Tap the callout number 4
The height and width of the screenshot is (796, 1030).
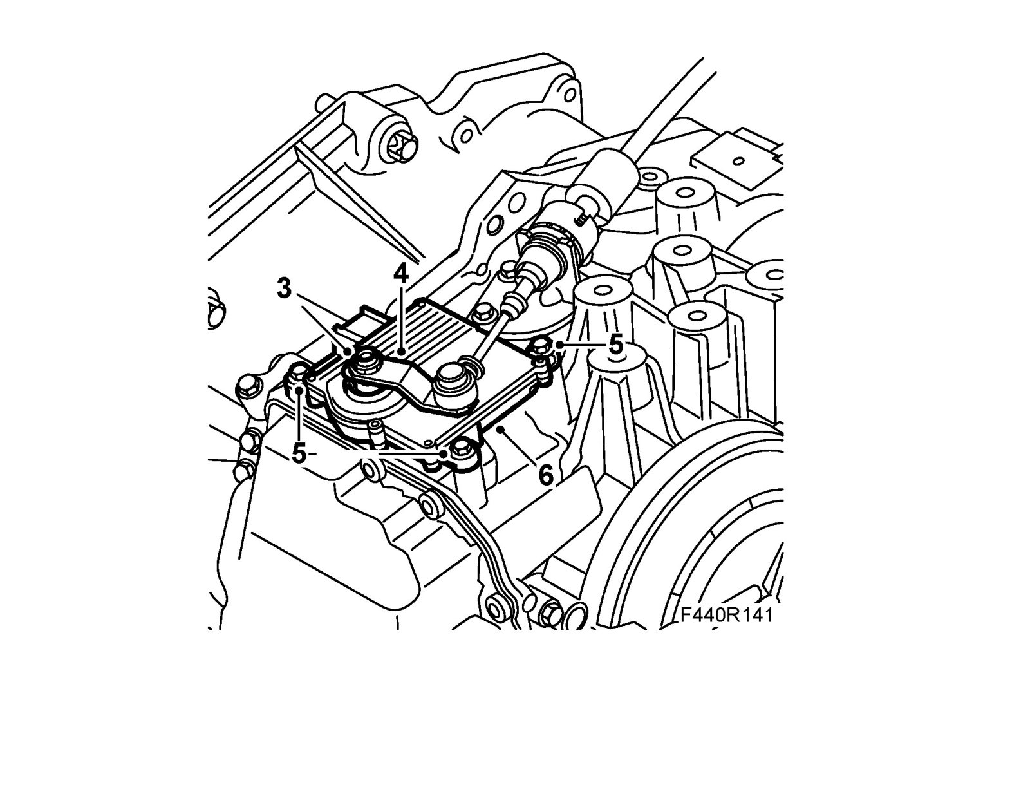(x=400, y=275)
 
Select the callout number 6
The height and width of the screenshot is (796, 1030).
(x=545, y=475)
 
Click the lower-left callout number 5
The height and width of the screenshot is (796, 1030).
(x=299, y=453)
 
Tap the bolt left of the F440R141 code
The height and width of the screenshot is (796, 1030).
(x=552, y=615)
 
